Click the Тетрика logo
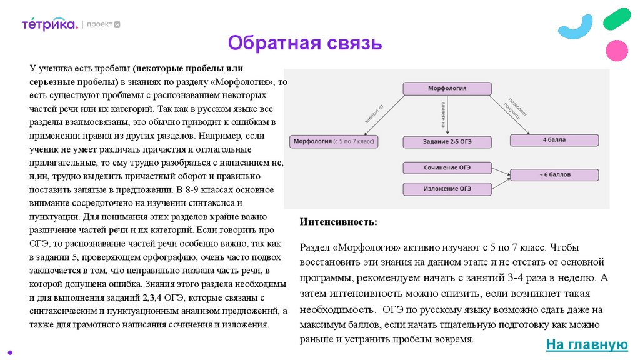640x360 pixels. (50, 24)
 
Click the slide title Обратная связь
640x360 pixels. (304, 43)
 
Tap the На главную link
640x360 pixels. (586, 344)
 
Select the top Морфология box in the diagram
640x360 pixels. (447, 89)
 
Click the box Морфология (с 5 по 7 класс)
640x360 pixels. (334, 142)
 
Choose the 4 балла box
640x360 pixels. (554, 140)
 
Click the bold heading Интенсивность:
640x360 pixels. (338, 222)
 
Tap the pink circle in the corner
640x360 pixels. (617, 49)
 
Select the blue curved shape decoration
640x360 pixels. (576, 27)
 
